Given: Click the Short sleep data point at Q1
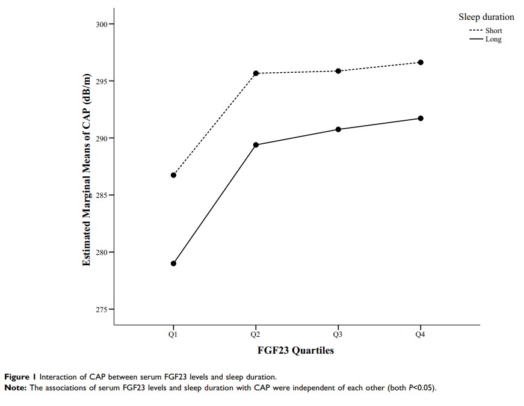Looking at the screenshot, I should [173, 175].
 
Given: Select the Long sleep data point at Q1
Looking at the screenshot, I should [173, 263].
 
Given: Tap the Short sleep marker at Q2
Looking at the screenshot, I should [256, 73].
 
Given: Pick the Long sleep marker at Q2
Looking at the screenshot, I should [256, 145].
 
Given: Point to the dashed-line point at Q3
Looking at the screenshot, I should [338, 71].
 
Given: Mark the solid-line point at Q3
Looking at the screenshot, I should [338, 129].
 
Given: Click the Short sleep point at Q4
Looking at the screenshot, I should [421, 63].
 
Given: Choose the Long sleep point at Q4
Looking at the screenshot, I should [421, 118].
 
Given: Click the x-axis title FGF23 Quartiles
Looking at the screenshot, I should [296, 351].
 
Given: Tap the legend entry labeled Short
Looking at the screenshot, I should [493, 31].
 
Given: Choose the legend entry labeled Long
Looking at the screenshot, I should [493, 39].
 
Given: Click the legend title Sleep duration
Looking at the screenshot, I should [486, 17].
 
